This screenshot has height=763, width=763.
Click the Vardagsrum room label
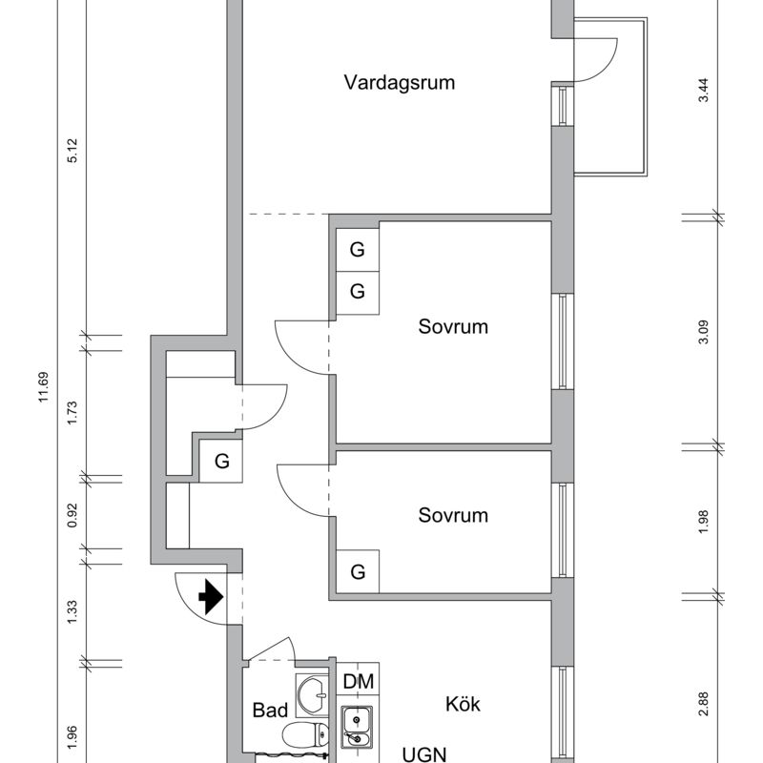400,83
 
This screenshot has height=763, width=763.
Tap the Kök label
463,706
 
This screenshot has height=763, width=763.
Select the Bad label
270,711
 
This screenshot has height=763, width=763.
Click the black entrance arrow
210,598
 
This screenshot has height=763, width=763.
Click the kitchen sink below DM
359,730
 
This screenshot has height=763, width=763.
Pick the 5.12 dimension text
72,151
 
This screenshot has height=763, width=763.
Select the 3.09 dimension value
704,333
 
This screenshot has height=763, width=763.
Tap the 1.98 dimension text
704,522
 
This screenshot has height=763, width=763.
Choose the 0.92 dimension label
72,511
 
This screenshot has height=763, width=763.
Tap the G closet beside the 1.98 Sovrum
358,572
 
